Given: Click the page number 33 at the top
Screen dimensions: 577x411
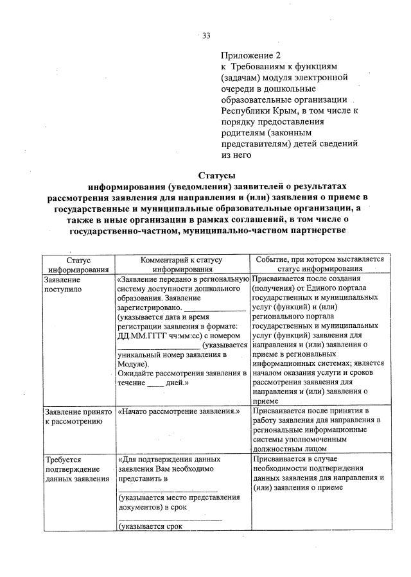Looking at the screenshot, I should coord(207,35).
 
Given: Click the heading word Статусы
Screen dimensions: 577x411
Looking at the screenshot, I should coord(216,175).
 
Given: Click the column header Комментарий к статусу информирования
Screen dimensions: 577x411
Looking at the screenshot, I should coord(182,264).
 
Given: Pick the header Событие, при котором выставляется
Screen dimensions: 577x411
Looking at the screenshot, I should coord(319,260).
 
